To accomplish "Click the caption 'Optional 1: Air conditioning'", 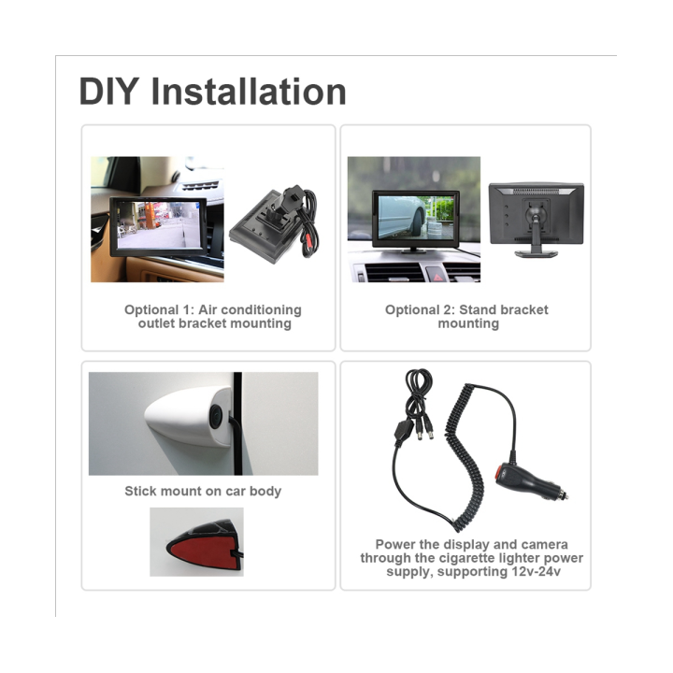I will [213, 309].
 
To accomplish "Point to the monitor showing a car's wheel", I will [415, 220].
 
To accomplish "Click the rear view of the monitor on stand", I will [537, 211].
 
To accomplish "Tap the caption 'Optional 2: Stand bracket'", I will [466, 309].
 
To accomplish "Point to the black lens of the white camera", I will [216, 416].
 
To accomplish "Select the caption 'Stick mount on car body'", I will [203, 491].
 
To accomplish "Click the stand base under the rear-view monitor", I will [536, 252].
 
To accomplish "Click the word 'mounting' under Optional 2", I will [468, 323].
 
